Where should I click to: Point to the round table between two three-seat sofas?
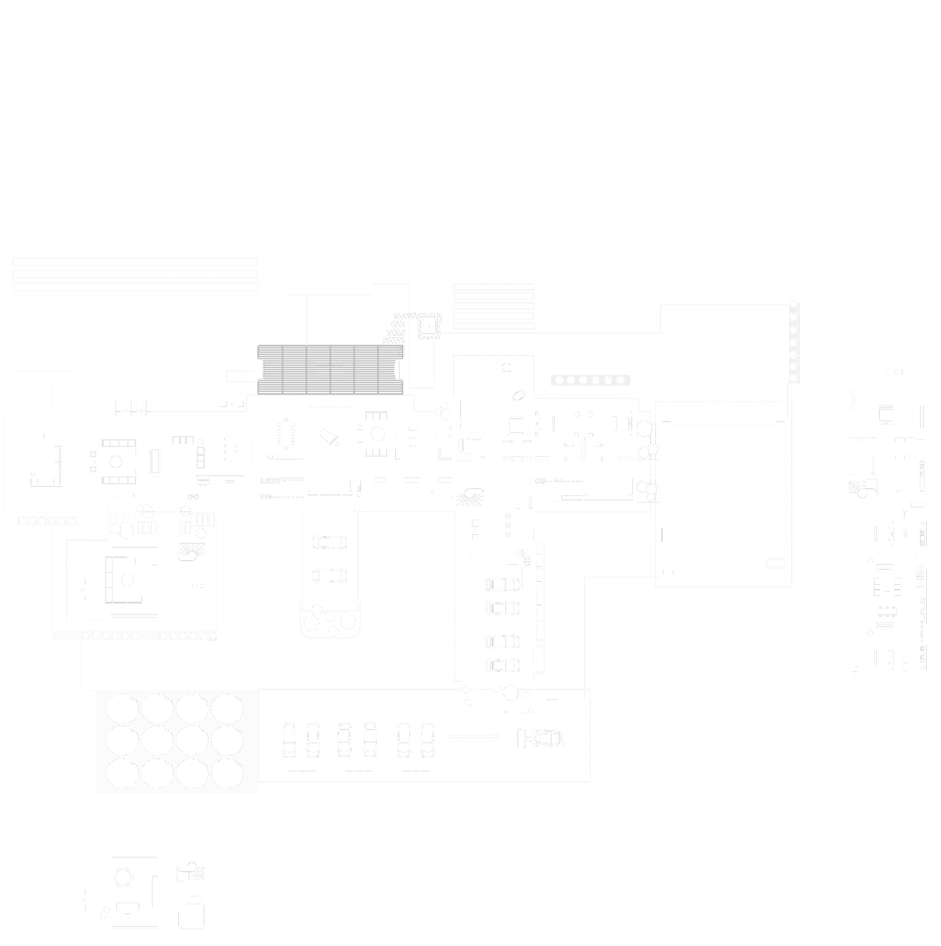click(377, 434)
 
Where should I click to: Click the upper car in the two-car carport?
click(329, 542)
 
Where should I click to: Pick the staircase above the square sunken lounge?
click(191, 551)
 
